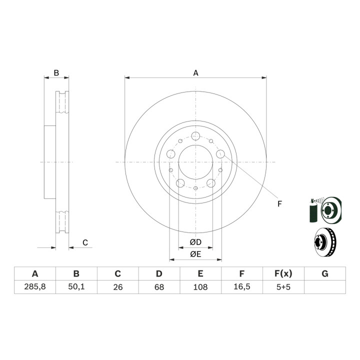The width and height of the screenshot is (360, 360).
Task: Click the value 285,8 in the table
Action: tap(35, 287)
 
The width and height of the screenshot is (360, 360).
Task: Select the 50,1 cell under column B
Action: tap(76, 287)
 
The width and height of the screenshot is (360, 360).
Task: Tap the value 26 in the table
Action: tap(118, 287)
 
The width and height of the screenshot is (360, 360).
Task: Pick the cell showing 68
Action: tap(159, 287)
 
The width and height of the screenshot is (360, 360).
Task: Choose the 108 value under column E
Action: tap(200, 287)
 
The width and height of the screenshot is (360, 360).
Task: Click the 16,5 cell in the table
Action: tap(242, 287)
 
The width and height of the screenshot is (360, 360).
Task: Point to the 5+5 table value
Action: tap(283, 287)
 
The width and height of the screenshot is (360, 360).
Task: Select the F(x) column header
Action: tap(283, 273)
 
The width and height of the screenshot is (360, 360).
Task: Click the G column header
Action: tap(325, 273)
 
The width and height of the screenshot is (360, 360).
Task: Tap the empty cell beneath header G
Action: tap(325, 287)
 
